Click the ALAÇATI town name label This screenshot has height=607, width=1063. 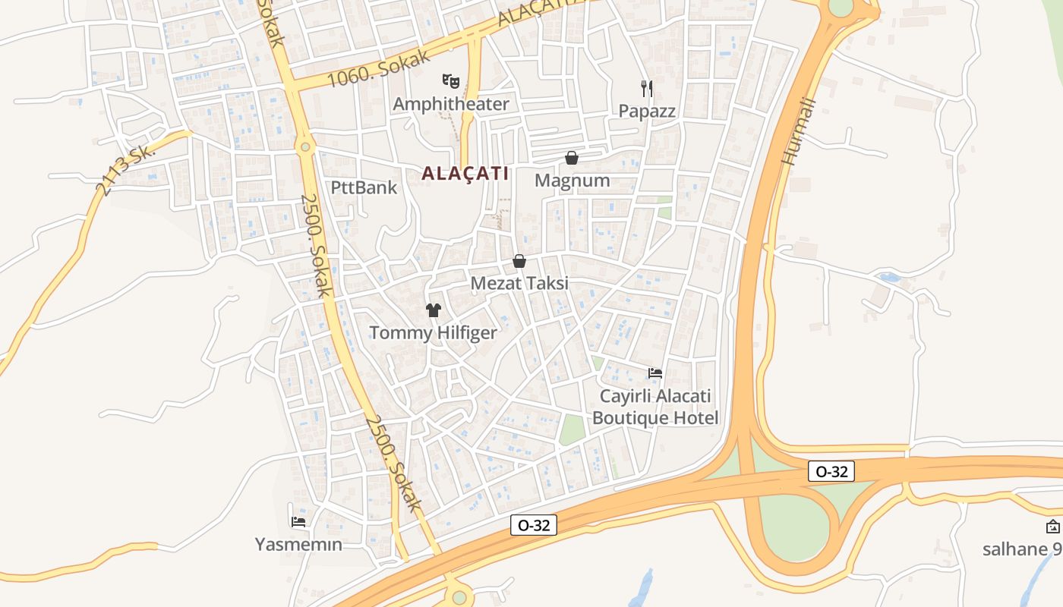[465, 173]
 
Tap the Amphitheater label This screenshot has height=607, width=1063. [451, 104]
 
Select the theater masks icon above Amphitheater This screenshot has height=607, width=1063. [451, 80]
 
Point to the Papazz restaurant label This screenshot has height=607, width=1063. [647, 111]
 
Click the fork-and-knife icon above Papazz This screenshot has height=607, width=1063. [647, 88]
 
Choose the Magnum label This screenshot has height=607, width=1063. [573, 181]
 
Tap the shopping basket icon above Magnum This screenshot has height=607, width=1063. [572, 158]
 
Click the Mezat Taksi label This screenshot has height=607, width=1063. [519, 284]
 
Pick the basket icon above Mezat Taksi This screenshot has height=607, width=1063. [519, 261]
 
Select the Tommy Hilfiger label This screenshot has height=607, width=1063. [433, 333]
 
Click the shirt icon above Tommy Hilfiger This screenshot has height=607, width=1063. [433, 310]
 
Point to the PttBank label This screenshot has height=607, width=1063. [364, 187]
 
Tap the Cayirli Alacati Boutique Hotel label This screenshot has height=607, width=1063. [655, 407]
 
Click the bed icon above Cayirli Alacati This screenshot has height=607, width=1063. [655, 373]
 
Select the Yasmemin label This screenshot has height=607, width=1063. [298, 545]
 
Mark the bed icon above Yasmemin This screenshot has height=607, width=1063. [298, 521]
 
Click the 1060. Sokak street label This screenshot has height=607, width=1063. [379, 69]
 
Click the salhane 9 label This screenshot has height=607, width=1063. [1022, 549]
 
